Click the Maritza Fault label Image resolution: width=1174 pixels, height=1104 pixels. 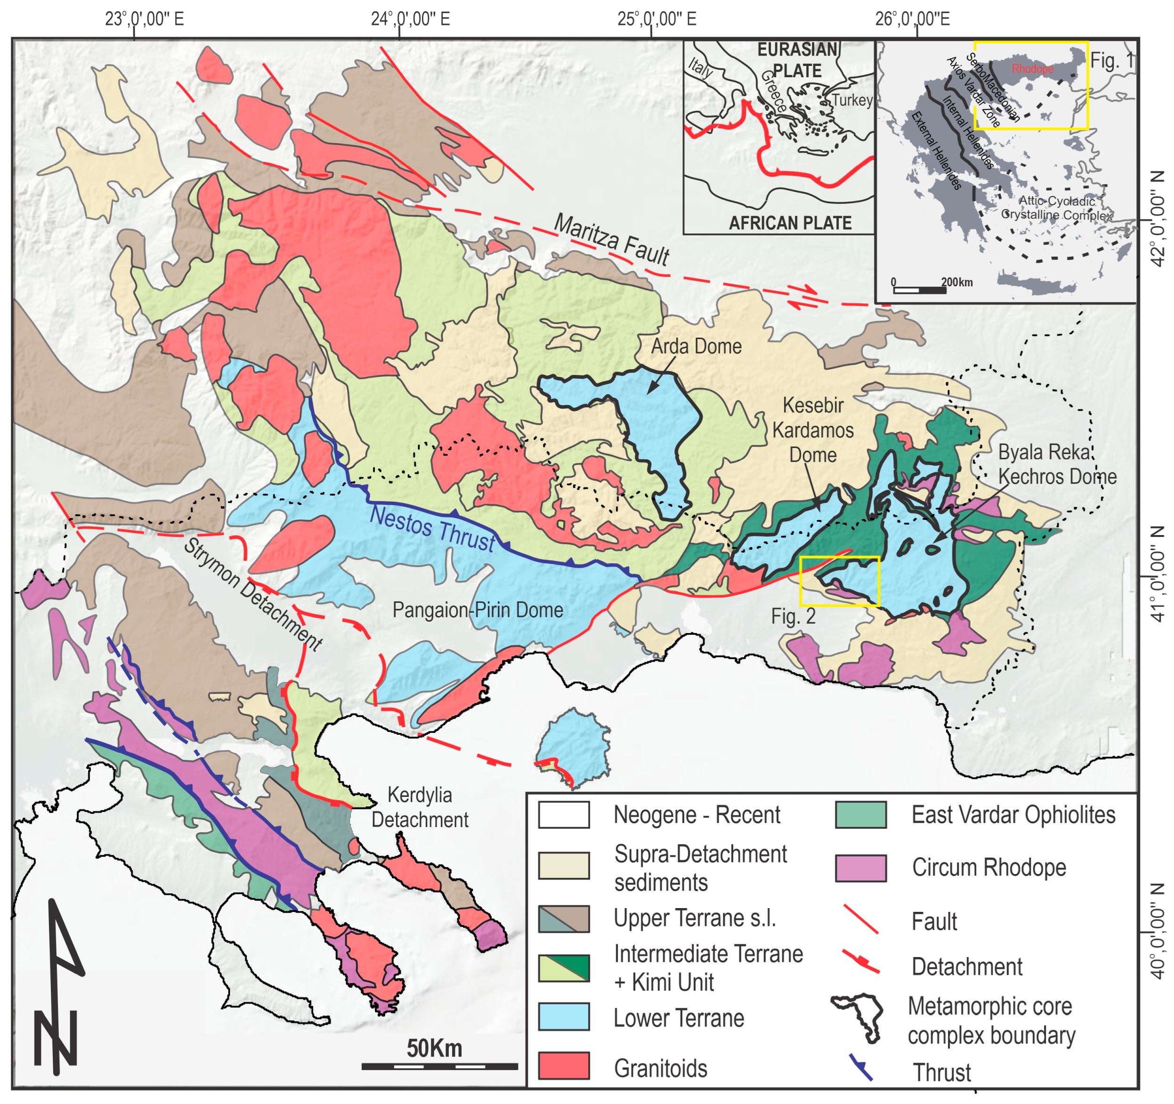[x=611, y=240]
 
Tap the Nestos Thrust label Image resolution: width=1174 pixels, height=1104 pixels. [x=432, y=528]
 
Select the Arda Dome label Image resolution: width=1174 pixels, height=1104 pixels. [x=696, y=346]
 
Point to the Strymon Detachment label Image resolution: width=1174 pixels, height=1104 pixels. [x=253, y=593]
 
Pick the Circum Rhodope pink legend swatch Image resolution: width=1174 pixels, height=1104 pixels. [x=860, y=868]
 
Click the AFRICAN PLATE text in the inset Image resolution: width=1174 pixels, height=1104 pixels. [x=790, y=223]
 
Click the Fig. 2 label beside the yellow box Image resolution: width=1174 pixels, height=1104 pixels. [x=793, y=617]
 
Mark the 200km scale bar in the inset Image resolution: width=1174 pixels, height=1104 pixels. [x=920, y=290]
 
